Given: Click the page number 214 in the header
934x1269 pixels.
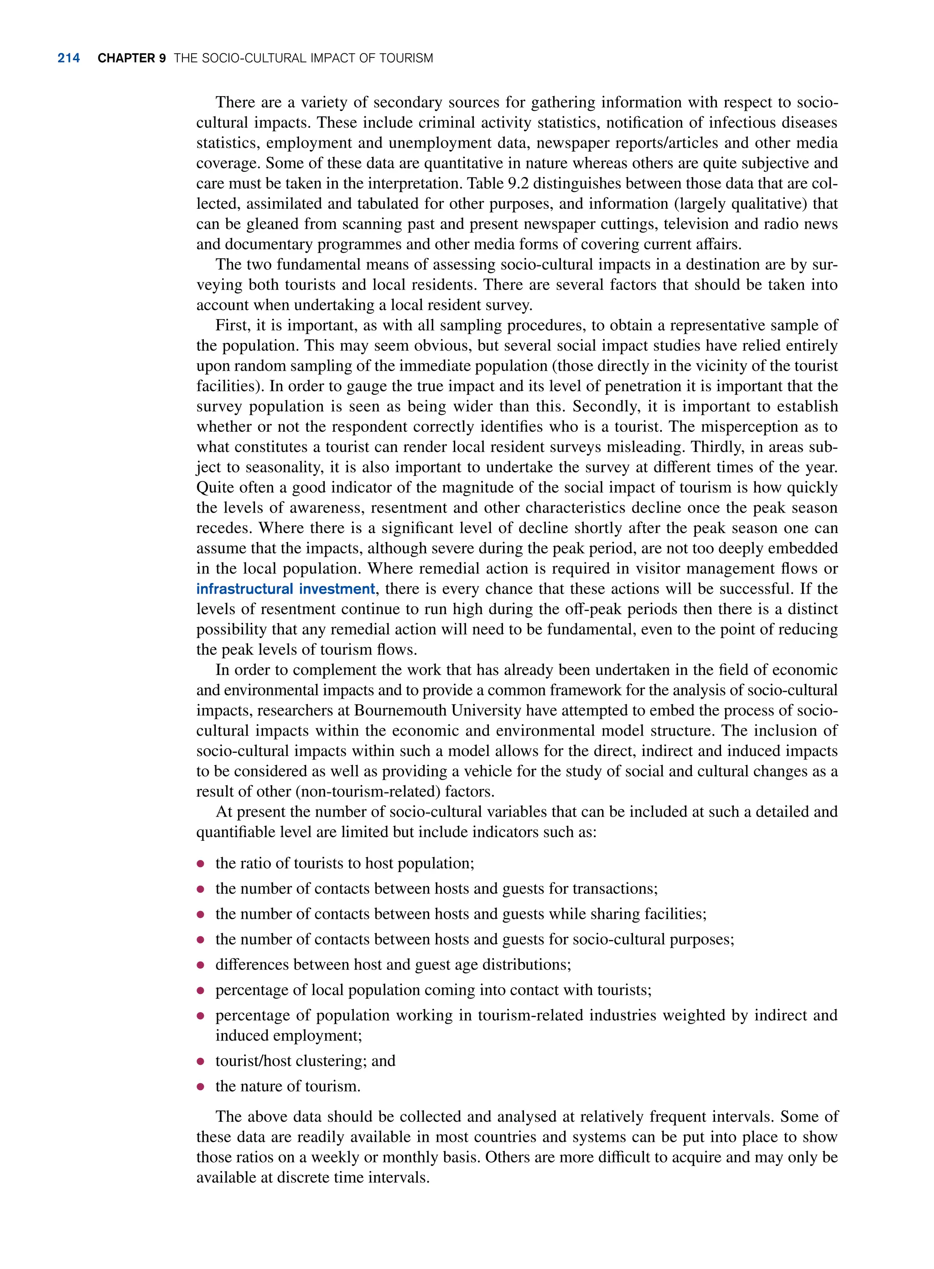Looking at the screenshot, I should pyautogui.click(x=68, y=58).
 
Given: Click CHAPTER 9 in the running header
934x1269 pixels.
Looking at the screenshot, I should pyautogui.click(x=131, y=58).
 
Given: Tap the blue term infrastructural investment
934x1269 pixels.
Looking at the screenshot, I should pyautogui.click(x=285, y=589).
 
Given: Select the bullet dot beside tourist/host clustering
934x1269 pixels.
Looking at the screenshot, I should pyautogui.click(x=200, y=1062).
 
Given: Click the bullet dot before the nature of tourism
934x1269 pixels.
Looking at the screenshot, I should pyautogui.click(x=200, y=1087).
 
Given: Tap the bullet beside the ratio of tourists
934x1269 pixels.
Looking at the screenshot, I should pyautogui.click(x=200, y=864).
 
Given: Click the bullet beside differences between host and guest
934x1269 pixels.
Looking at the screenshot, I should pyautogui.click(x=200, y=965).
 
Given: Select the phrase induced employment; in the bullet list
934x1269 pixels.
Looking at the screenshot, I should pyautogui.click(x=288, y=1036).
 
